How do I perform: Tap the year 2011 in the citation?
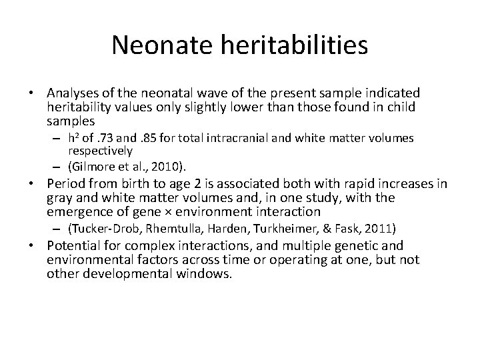click(x=381, y=229)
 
